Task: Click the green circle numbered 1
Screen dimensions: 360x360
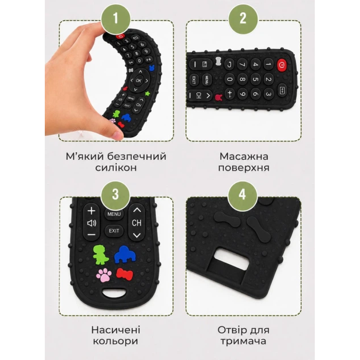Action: click(116, 18)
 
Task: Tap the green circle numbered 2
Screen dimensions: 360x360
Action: click(243, 18)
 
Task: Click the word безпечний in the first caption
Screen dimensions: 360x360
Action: click(137, 156)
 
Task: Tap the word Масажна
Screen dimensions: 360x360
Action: click(244, 156)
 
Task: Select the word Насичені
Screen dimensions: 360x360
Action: click(116, 330)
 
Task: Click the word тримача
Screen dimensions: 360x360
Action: click(243, 342)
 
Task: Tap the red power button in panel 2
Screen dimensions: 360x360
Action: click(282, 65)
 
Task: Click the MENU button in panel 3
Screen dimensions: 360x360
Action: click(114, 214)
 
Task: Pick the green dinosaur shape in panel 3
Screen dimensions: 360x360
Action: click(100, 254)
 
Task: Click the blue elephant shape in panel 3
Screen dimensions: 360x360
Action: click(125, 254)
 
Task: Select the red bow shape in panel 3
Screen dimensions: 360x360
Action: click(124, 274)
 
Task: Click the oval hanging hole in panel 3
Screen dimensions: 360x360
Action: click(114, 292)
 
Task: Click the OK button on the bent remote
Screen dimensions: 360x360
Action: click(138, 80)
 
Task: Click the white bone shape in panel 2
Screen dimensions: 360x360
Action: click(218, 62)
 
